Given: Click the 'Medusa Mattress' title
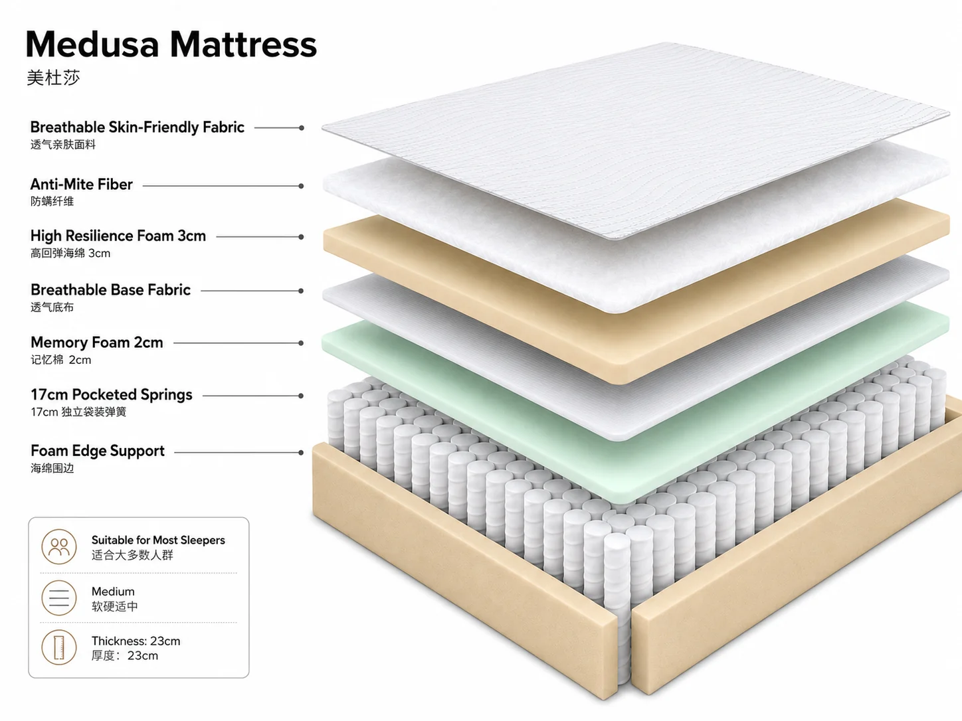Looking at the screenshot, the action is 171,44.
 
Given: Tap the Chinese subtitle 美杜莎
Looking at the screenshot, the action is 53,78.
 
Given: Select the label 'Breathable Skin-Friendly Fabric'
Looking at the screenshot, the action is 137,127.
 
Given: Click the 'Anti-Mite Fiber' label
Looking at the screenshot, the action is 82,185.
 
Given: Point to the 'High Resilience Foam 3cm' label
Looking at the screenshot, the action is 118,236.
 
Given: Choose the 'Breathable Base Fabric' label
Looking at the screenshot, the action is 110,290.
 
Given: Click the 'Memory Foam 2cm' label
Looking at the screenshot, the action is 97,343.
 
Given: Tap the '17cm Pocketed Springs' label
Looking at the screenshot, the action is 112,395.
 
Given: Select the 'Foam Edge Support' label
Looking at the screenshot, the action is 98,451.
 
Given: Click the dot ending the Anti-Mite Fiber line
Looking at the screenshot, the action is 301,186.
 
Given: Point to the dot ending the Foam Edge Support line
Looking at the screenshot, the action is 301,453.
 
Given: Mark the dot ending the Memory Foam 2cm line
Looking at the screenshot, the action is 301,343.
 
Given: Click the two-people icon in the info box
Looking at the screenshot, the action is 59,547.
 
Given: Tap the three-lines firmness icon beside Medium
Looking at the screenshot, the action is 59,598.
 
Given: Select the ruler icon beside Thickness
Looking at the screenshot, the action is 59,647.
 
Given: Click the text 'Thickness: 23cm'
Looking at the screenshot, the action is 136,641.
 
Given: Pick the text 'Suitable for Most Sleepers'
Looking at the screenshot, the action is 158,540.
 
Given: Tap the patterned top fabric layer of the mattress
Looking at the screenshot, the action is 636,140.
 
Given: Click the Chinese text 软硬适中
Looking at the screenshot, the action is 115,607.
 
